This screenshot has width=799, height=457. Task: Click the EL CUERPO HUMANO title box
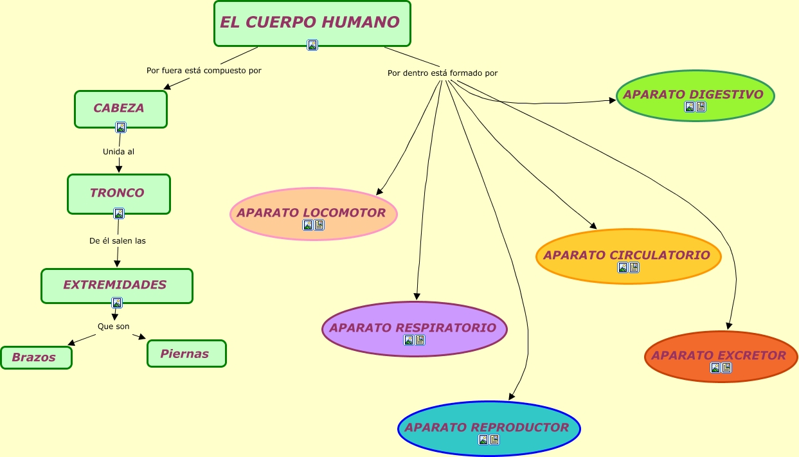[312, 22]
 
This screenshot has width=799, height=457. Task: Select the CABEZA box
[120, 108]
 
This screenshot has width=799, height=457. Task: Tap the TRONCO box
[118, 193]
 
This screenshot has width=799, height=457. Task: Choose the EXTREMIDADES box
[116, 285]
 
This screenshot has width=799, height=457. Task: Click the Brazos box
[35, 357]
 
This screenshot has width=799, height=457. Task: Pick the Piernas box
[186, 354]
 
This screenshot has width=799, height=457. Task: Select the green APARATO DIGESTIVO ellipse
[695, 94]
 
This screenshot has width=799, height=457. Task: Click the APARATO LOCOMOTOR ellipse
[313, 213]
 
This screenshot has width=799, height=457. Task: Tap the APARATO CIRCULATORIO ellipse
[627, 255]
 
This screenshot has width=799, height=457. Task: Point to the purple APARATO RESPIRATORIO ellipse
[414, 328]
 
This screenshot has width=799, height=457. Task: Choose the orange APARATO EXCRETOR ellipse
[720, 355]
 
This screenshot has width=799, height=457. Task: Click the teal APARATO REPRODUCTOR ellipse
[488, 427]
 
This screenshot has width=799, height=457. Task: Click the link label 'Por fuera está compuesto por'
[204, 71]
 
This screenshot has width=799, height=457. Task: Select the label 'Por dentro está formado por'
[442, 73]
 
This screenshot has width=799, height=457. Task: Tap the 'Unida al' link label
[118, 152]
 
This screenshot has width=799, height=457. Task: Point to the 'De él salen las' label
[118, 241]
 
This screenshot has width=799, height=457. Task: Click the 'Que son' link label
[114, 327]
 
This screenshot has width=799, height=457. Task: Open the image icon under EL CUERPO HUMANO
[312, 45]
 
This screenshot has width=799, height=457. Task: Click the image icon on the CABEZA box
[121, 127]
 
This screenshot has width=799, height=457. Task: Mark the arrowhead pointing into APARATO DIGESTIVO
[613, 100]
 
